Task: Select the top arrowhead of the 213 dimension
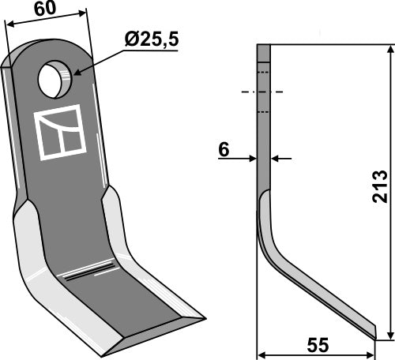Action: (389, 50)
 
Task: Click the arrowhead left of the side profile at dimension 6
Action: (254, 159)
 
